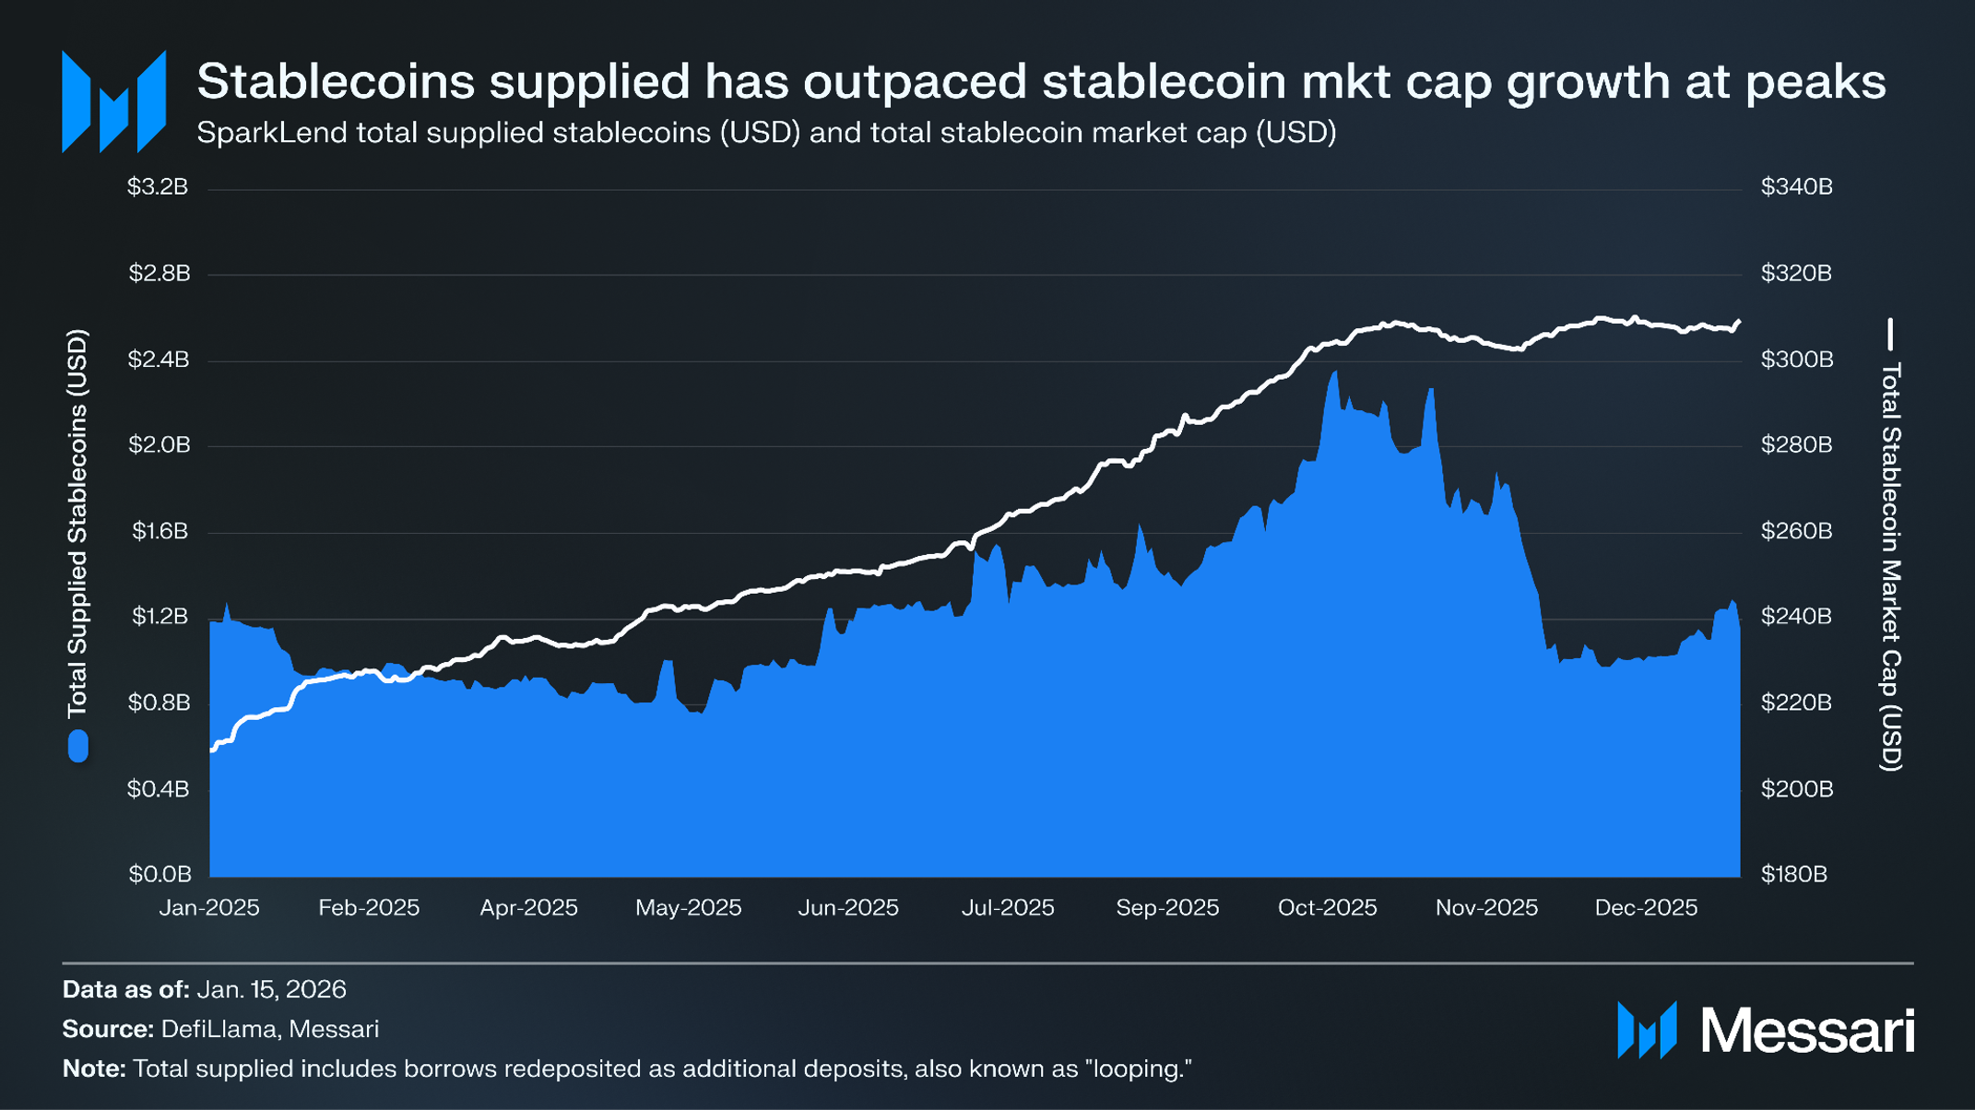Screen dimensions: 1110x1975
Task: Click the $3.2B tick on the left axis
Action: point(158,188)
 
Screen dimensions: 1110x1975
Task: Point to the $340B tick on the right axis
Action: point(1796,188)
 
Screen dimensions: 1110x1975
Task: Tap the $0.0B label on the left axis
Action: point(160,874)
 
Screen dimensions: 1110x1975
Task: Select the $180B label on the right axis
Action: point(1793,874)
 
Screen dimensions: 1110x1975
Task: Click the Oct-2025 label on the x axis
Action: point(1327,908)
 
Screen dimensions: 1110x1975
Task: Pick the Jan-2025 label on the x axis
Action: point(209,908)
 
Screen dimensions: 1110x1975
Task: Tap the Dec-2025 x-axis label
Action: point(1646,908)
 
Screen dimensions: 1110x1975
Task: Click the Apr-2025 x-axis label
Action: point(528,908)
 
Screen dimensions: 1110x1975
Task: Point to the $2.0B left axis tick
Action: point(160,445)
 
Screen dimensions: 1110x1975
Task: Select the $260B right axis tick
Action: point(1796,531)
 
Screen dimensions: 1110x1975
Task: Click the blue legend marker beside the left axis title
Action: point(78,746)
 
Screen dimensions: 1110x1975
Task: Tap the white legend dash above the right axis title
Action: point(1890,334)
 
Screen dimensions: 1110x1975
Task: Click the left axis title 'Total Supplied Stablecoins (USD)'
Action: point(78,523)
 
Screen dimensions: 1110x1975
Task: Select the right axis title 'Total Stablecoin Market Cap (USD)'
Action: point(1890,566)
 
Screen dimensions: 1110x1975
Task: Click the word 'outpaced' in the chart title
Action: point(914,81)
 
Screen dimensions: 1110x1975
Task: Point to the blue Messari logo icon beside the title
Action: point(113,101)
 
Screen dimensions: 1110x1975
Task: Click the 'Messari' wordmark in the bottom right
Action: point(1807,1031)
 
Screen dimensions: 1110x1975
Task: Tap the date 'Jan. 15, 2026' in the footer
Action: point(271,990)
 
